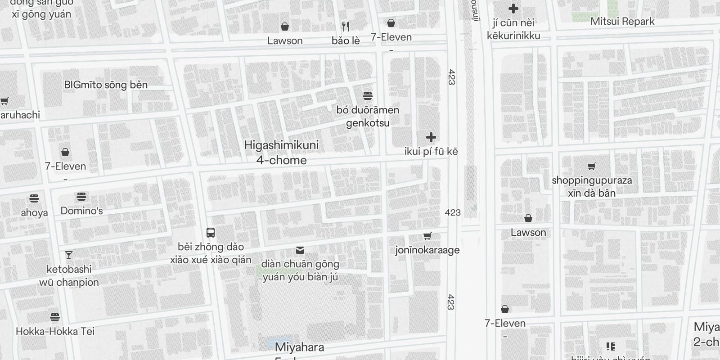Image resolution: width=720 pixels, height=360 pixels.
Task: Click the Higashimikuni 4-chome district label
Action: [x=281, y=153]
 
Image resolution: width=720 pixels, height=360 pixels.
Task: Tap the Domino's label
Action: [x=81, y=211]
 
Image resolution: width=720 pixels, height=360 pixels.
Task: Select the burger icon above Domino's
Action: [x=81, y=197]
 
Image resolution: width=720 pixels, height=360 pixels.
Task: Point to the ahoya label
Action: [x=34, y=212]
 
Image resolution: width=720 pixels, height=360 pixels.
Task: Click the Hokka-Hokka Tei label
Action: [x=55, y=331]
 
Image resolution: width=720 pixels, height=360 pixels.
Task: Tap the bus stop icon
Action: [x=211, y=233]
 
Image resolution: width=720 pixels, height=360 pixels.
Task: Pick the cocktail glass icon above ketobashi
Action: [x=69, y=255]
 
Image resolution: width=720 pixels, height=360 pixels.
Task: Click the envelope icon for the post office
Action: [x=300, y=250]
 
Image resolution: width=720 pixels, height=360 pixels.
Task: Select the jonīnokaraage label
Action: [x=427, y=250]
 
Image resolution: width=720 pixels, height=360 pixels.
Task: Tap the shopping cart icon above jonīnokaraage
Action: [x=427, y=236]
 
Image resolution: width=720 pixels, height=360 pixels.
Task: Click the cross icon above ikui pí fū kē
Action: [x=431, y=137]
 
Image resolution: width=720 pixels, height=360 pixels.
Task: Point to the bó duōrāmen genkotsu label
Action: [x=368, y=116]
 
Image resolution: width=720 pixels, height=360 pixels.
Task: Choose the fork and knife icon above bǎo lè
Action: [x=346, y=26]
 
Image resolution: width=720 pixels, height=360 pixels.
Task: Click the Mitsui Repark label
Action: [x=622, y=21]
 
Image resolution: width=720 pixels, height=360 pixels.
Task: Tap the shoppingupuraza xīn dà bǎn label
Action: [x=592, y=186]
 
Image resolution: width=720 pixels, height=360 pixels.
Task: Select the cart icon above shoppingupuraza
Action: [x=592, y=166]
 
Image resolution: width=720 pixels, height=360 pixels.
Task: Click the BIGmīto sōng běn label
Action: [x=106, y=85]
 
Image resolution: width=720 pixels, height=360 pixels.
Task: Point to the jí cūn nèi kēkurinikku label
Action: [x=513, y=29]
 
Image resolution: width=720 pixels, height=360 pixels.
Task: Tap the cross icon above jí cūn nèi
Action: [x=513, y=9]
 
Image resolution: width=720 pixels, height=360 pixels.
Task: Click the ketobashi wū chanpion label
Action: [x=69, y=275]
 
